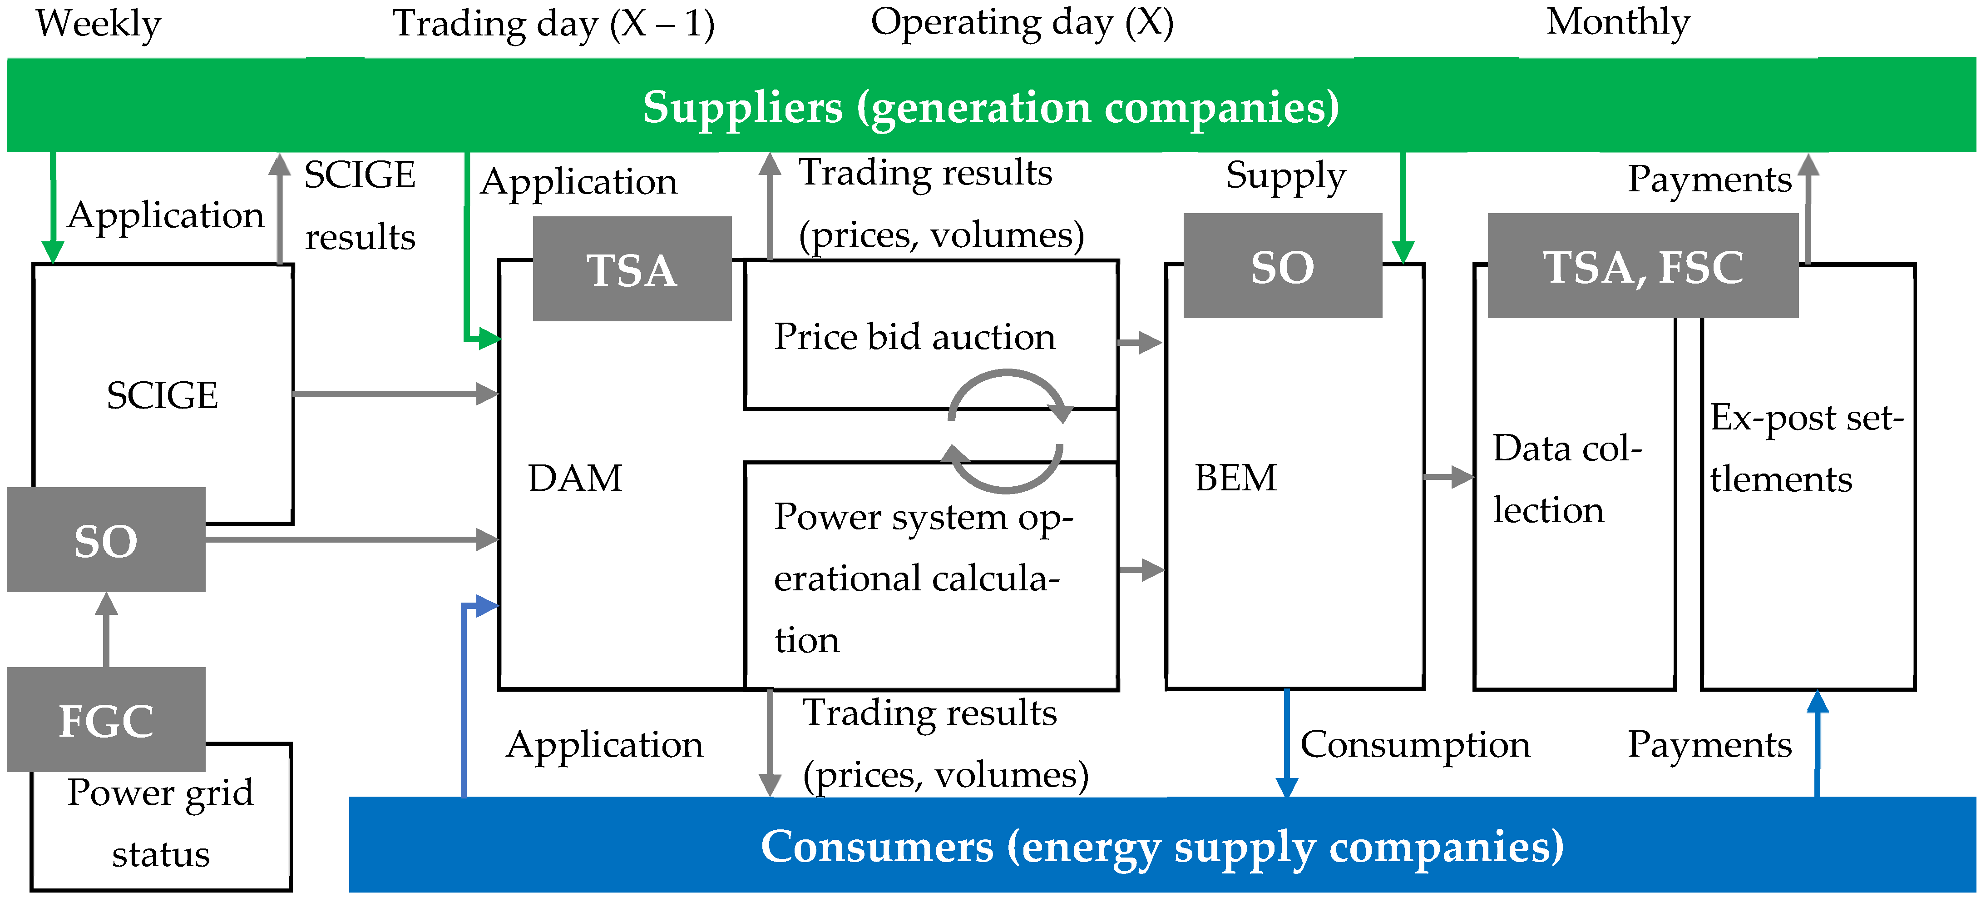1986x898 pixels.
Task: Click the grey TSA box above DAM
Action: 632,269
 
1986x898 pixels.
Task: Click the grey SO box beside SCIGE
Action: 106,539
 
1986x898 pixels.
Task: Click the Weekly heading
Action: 98,23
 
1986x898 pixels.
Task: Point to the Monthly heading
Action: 1617,22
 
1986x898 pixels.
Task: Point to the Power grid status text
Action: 160,823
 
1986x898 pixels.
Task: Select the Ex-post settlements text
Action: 1806,448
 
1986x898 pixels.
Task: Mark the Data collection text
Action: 1566,479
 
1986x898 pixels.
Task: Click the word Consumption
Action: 1415,744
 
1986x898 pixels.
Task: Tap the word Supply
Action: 1285,176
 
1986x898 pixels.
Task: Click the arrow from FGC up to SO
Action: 106,629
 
